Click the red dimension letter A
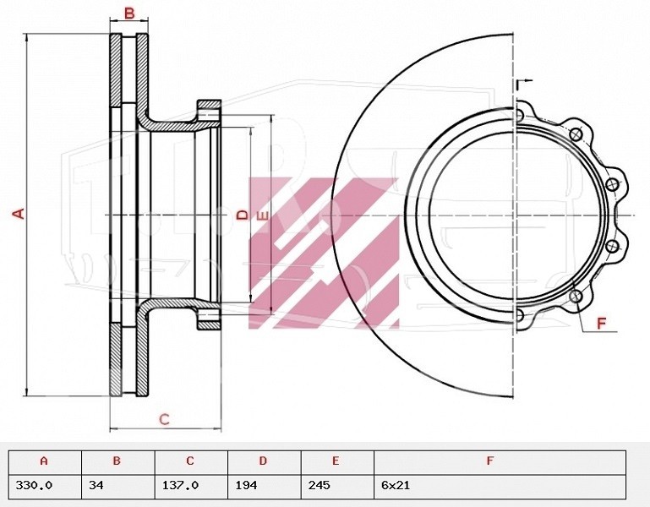coord(19,214)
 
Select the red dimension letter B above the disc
coord(130,14)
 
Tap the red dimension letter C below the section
coord(165,419)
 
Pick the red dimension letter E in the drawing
coord(263,216)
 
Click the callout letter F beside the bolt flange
coord(602,323)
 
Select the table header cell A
coord(45,462)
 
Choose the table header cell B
coord(117,462)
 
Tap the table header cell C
coord(191,462)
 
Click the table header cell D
coord(264,462)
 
